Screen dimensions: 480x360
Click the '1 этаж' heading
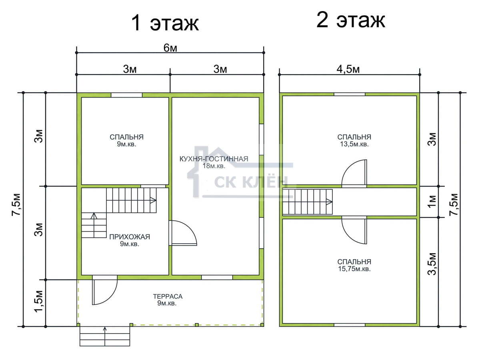click(165, 23)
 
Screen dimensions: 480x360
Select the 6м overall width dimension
click(170, 48)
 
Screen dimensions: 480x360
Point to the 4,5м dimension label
click(348, 69)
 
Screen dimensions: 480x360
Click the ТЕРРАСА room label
click(168, 296)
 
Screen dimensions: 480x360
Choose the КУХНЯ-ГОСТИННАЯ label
click(214, 159)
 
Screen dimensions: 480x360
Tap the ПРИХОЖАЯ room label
click(130, 237)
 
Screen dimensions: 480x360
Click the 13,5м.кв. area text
click(354, 144)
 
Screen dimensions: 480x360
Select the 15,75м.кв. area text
click(354, 269)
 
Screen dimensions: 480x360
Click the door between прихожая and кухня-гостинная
click(183, 233)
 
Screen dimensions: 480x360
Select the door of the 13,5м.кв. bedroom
click(354, 173)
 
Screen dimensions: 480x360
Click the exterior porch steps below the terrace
click(105, 336)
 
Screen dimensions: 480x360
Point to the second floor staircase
click(308, 202)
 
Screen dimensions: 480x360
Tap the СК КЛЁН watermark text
click(251, 182)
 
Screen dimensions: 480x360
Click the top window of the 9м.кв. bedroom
click(127, 95)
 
